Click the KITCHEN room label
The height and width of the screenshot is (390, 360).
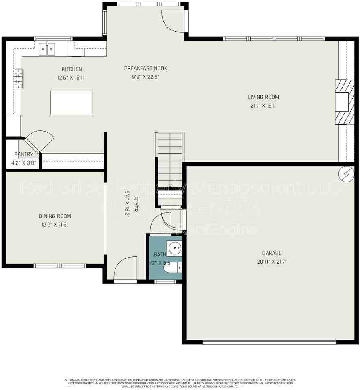point(72,69)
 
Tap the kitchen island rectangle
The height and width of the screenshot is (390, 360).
point(71,102)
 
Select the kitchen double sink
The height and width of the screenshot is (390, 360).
point(48,49)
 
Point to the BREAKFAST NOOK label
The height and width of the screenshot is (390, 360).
point(145,68)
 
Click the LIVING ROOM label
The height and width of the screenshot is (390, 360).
point(264,97)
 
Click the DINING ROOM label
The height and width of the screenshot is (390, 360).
point(55,216)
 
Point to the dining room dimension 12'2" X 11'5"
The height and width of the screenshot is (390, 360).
point(55,224)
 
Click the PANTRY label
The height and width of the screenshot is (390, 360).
point(24,154)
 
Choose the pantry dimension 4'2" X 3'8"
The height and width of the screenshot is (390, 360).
point(24,163)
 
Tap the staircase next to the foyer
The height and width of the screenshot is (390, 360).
point(170,162)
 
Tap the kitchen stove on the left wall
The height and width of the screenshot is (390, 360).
point(18,78)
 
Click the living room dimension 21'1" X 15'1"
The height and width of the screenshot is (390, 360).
point(264,106)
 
